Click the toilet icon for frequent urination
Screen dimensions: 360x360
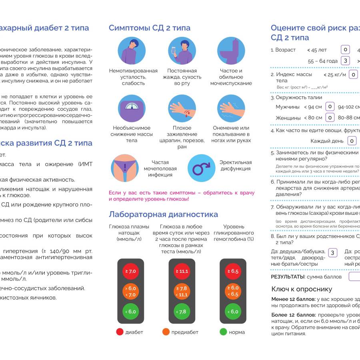pyautogui.click(x=231, y=51)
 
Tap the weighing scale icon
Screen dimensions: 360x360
pyautogui.click(x=132, y=108)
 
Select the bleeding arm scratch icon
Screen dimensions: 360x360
pyautogui.click(x=182, y=108)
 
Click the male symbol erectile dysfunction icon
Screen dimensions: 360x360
pyautogui.click(x=201, y=168)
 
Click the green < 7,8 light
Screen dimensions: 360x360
pyautogui.click(x=182, y=312)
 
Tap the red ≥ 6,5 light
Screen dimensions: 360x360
pyautogui.click(x=234, y=271)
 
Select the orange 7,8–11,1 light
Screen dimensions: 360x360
pyautogui.click(x=182, y=292)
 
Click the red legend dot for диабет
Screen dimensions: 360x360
pyautogui.click(x=120, y=332)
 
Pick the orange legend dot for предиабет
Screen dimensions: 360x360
pyautogui.click(x=166, y=332)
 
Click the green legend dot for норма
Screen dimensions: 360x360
pyautogui.click(x=223, y=332)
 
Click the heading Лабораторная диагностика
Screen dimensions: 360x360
pyautogui.click(x=163, y=214)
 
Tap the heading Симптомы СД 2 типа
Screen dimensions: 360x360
pyautogui.click(x=149, y=28)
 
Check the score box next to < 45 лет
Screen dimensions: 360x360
pyautogui.click(x=345, y=50)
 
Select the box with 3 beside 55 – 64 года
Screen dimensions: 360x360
pyautogui.click(x=345, y=61)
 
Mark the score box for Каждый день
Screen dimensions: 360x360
pyautogui.click(x=352, y=140)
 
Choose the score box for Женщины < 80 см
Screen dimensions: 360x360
pyautogui.click(x=330, y=118)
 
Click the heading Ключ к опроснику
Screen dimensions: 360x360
pyautogui.click(x=302, y=289)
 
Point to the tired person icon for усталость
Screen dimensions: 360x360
pyautogui.click(x=132, y=51)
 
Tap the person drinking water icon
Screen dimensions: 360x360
pyautogui.click(x=182, y=51)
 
